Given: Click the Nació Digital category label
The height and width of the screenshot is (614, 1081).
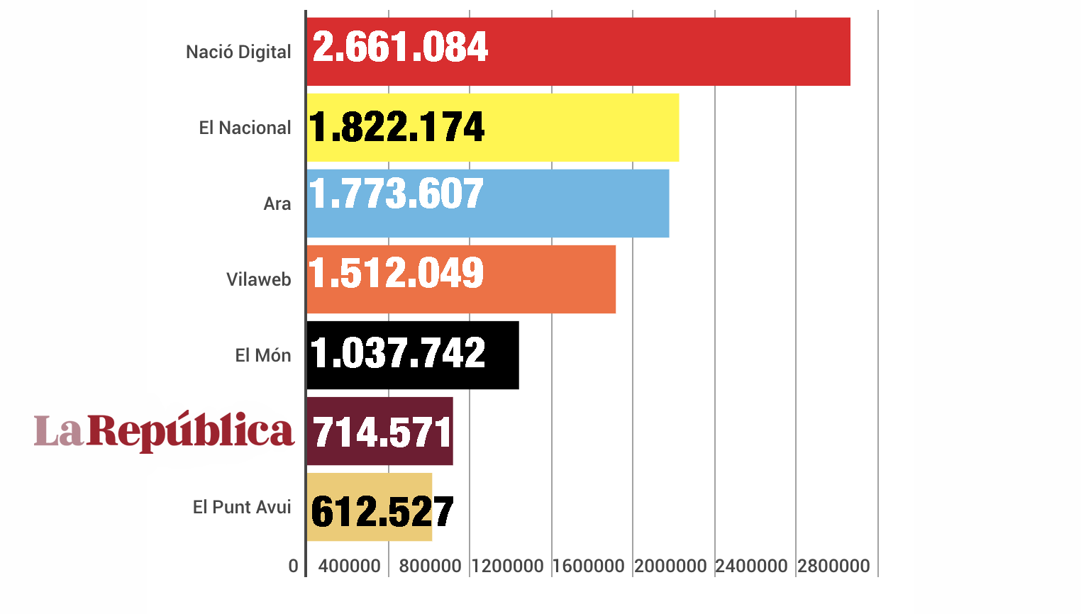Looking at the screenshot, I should pyautogui.click(x=238, y=52).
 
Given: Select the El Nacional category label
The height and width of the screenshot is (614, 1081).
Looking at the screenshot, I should pyautogui.click(x=245, y=128).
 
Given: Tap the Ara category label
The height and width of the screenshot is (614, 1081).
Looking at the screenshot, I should pyautogui.click(x=277, y=204).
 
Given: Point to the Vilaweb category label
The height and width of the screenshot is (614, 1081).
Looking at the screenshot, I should pyautogui.click(x=259, y=280).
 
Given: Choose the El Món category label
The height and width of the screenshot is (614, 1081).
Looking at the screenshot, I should pyautogui.click(x=263, y=356).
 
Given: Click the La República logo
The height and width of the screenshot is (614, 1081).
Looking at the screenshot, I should pyautogui.click(x=164, y=431).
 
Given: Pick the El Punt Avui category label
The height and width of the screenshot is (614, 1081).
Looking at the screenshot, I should pyautogui.click(x=242, y=508).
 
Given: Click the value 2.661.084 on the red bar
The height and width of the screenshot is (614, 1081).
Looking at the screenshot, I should pyautogui.click(x=400, y=48).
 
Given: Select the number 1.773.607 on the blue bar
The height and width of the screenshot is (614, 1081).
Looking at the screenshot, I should pyautogui.click(x=397, y=194).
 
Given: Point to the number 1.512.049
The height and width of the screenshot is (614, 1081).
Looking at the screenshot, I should pyautogui.click(x=397, y=273).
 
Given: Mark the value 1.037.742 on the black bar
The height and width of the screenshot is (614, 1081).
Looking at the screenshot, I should pyautogui.click(x=398, y=353).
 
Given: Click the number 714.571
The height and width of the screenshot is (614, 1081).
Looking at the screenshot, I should pyautogui.click(x=382, y=432).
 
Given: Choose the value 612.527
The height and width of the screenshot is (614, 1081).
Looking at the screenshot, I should pyautogui.click(x=382, y=512).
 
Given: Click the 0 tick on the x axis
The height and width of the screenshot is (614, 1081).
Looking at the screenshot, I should pyautogui.click(x=294, y=566).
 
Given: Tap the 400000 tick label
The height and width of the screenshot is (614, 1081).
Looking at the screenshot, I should pyautogui.click(x=349, y=566).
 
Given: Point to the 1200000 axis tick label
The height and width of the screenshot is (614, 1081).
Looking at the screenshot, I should pyautogui.click(x=507, y=566).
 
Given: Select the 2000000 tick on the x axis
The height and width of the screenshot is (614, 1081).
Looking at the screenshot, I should pyautogui.click(x=670, y=566).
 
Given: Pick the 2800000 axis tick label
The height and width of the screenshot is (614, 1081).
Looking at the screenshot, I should pyautogui.click(x=833, y=566).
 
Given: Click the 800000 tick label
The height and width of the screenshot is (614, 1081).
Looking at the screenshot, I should pyautogui.click(x=430, y=566).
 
